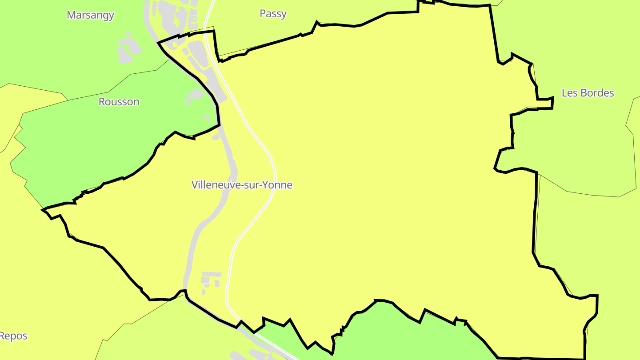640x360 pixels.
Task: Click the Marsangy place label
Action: [90, 15]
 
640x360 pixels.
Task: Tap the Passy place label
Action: [273, 14]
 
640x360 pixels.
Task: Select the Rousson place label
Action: [119, 102]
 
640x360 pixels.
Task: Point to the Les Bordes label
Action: [588, 93]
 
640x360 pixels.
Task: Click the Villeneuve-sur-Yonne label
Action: [242, 185]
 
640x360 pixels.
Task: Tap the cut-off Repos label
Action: [13, 336]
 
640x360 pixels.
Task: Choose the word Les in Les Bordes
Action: [569, 93]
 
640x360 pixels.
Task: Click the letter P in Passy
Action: [263, 14]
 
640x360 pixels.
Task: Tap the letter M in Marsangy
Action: [71, 15]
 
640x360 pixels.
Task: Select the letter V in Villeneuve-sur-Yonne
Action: [195, 185]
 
